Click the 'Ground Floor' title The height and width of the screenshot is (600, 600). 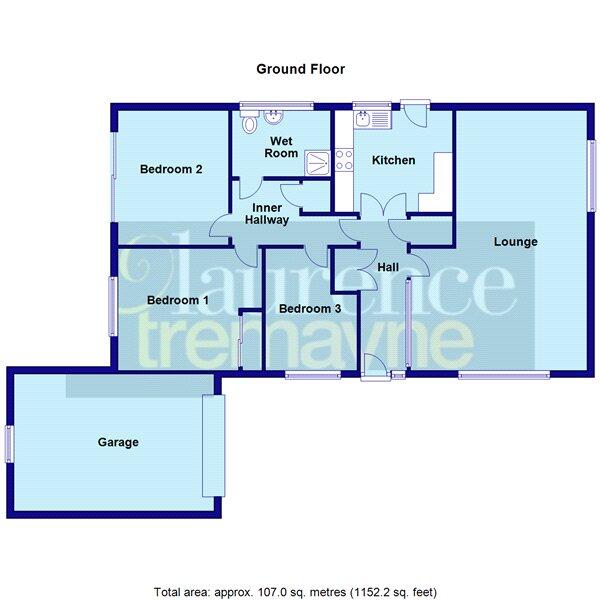[301, 69]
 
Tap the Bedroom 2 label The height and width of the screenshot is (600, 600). [171, 169]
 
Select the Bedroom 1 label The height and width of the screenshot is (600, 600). [177, 299]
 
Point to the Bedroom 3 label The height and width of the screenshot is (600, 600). [309, 309]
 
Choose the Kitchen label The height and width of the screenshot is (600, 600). [393, 160]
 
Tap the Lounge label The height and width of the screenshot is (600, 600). [516, 241]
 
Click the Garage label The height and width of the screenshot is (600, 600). [118, 441]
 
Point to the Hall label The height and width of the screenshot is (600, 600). [388, 266]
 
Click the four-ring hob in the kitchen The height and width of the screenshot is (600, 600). [343, 158]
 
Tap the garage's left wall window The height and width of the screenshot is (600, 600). [9, 442]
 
